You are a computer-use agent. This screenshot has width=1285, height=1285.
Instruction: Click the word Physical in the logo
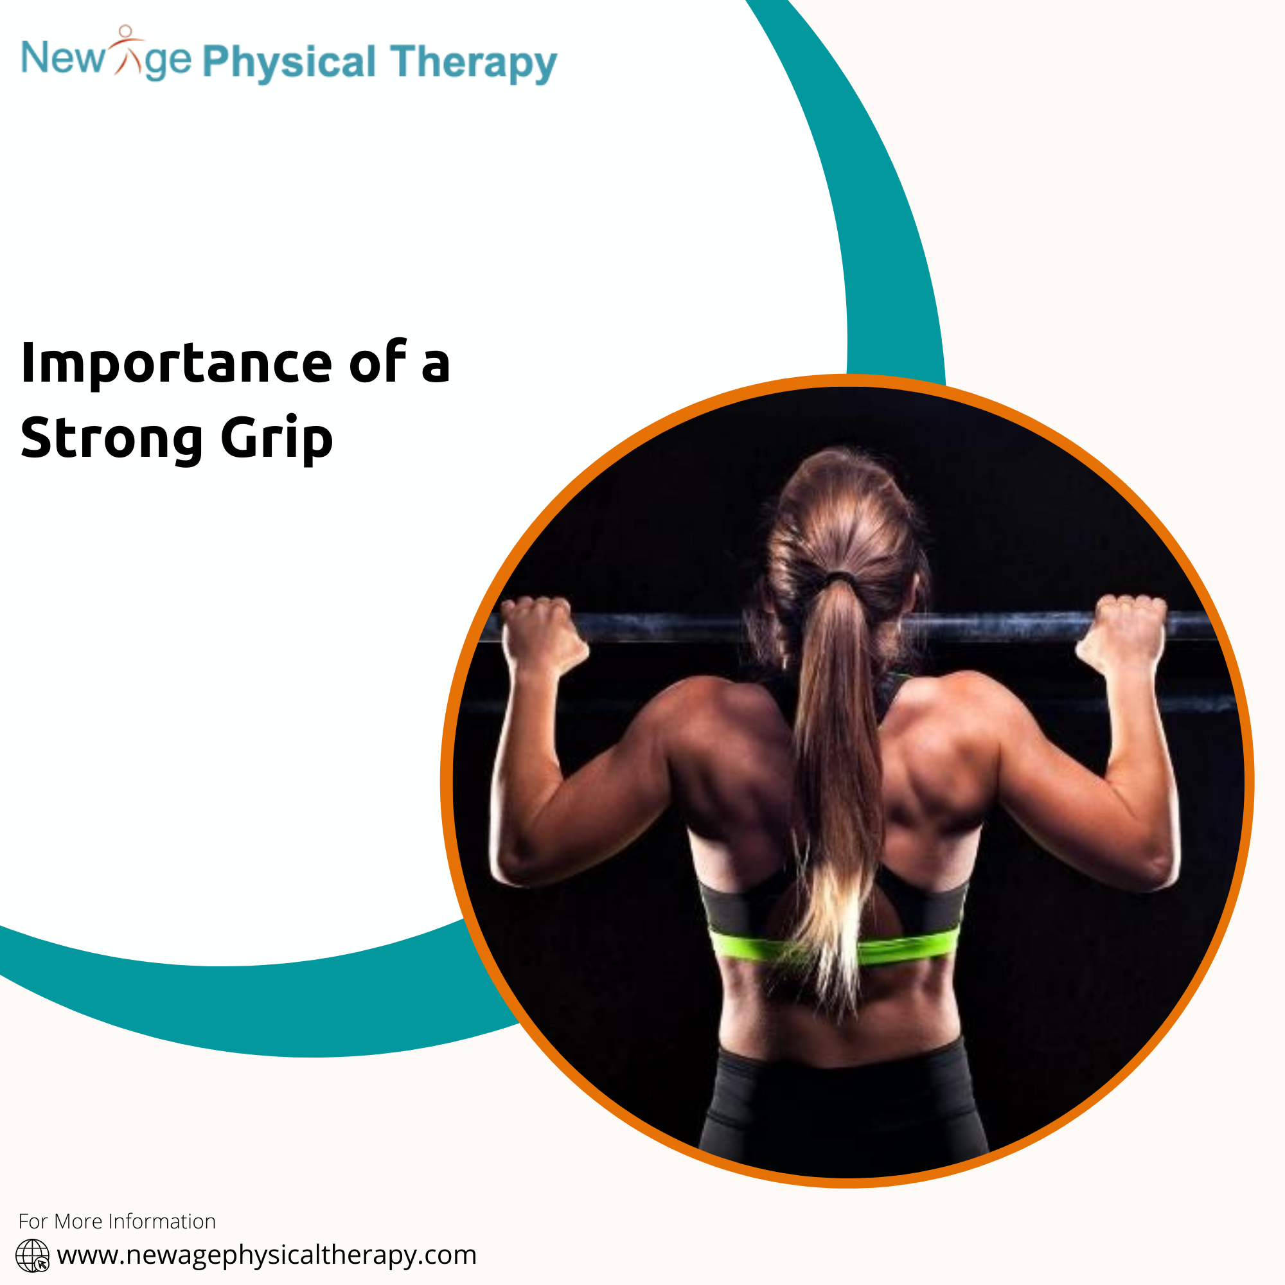pyautogui.click(x=288, y=63)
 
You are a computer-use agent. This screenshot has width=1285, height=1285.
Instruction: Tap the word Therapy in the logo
pyautogui.click(x=474, y=63)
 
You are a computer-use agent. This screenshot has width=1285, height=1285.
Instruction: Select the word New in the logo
pyautogui.click(x=63, y=58)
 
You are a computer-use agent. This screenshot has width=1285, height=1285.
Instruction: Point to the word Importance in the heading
pyautogui.click(x=176, y=364)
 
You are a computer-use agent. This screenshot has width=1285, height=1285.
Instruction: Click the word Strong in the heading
pyautogui.click(x=112, y=439)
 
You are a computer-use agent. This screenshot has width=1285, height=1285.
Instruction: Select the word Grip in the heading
pyautogui.click(x=277, y=439)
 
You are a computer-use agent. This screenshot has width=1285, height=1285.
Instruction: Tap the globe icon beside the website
pyautogui.click(x=33, y=1255)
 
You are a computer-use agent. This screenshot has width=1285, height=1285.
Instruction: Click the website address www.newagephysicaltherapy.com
pyautogui.click(x=267, y=1255)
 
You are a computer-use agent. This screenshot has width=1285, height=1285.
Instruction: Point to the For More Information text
pyautogui.click(x=117, y=1221)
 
